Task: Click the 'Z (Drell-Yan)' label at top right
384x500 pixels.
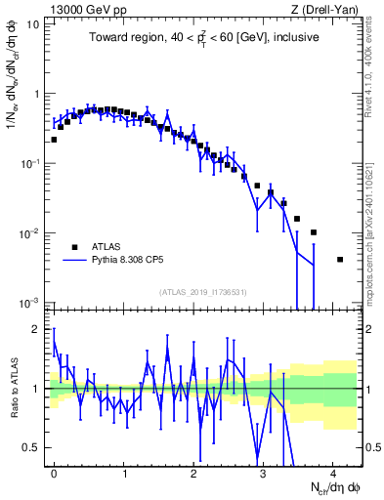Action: (324, 10)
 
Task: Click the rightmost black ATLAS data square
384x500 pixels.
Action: (339, 260)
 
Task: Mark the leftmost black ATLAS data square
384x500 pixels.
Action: (54, 140)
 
